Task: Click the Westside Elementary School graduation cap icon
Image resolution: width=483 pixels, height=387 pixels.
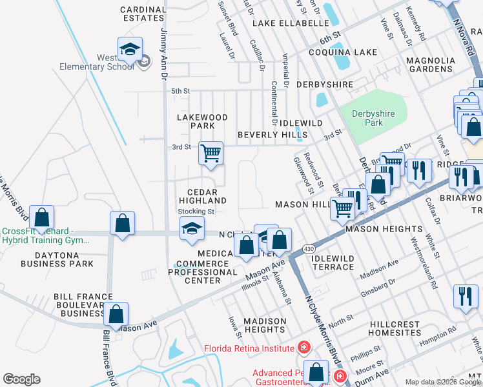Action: click(x=130, y=49)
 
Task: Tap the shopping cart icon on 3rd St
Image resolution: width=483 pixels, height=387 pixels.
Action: click(x=211, y=154)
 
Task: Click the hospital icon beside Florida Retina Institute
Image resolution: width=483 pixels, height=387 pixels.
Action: click(x=303, y=349)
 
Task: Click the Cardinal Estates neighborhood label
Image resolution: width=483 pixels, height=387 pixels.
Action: click(x=143, y=14)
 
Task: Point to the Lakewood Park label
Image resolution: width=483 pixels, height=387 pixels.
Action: click(x=203, y=121)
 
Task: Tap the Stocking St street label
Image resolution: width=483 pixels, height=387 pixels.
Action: click(x=196, y=211)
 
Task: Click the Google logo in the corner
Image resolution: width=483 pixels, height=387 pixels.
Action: click(x=21, y=379)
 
